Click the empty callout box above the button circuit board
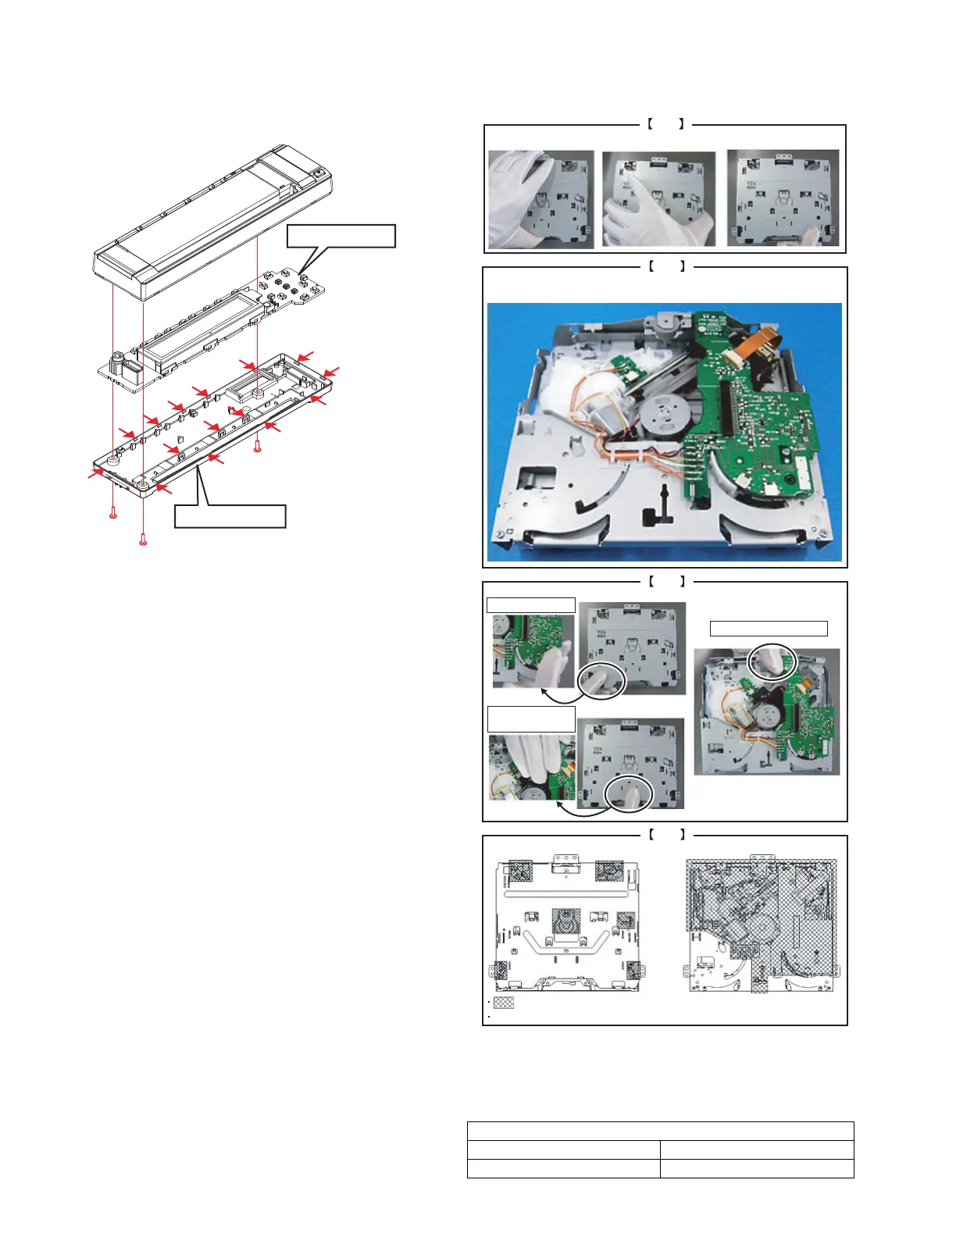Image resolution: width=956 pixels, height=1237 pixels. point(341,236)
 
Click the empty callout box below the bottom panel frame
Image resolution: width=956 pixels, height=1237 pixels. point(230,516)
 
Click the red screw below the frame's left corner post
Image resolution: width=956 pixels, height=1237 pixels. point(113,513)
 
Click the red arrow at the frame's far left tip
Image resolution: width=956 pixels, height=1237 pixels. point(97,472)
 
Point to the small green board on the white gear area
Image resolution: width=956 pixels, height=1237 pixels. point(624,365)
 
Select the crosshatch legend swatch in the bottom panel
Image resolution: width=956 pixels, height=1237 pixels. point(504,1002)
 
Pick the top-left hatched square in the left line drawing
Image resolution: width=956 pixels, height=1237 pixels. point(520,871)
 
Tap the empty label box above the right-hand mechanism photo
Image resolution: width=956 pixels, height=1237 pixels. point(769,629)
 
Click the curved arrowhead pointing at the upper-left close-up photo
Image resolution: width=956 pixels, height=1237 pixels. point(542,690)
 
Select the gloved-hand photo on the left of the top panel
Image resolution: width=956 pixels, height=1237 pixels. point(540,199)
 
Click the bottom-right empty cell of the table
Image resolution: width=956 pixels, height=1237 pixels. point(756,1168)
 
